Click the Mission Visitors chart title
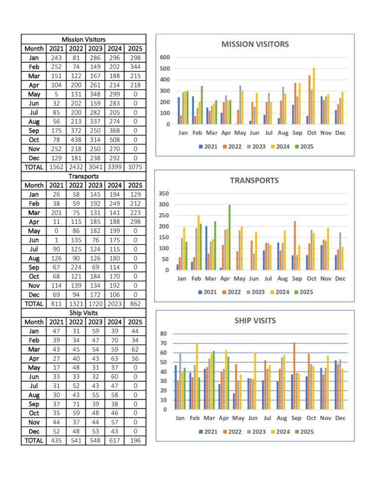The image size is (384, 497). pyautogui.click(x=255, y=44)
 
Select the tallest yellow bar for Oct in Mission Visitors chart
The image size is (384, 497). pyautogui.click(x=314, y=96)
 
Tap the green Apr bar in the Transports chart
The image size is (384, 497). pyautogui.click(x=229, y=237)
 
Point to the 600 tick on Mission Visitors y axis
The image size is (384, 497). pyautogui.click(x=165, y=57)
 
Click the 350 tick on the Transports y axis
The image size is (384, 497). pyautogui.click(x=164, y=193)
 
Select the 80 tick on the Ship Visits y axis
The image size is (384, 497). pyautogui.click(x=163, y=333)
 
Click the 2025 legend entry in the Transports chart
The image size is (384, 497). pyautogui.click(x=304, y=292)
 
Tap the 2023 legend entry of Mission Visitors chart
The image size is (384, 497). pyautogui.click(x=256, y=147)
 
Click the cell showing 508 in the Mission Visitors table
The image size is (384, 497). pyautogui.click(x=115, y=140)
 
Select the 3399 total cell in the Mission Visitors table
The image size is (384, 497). pyautogui.click(x=115, y=167)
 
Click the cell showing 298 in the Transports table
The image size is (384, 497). pyautogui.click(x=135, y=222)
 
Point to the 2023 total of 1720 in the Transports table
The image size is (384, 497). pyautogui.click(x=95, y=304)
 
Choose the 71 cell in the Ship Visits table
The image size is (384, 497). pyautogui.click(x=76, y=404)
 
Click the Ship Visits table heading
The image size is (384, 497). pyautogui.click(x=83, y=313)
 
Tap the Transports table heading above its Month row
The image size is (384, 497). pyautogui.click(x=83, y=176)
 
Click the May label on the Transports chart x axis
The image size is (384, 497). pyautogui.click(x=239, y=279)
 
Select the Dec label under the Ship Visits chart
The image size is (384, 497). pyautogui.click(x=340, y=418)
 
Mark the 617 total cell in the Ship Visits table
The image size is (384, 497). pyautogui.click(x=115, y=441)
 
